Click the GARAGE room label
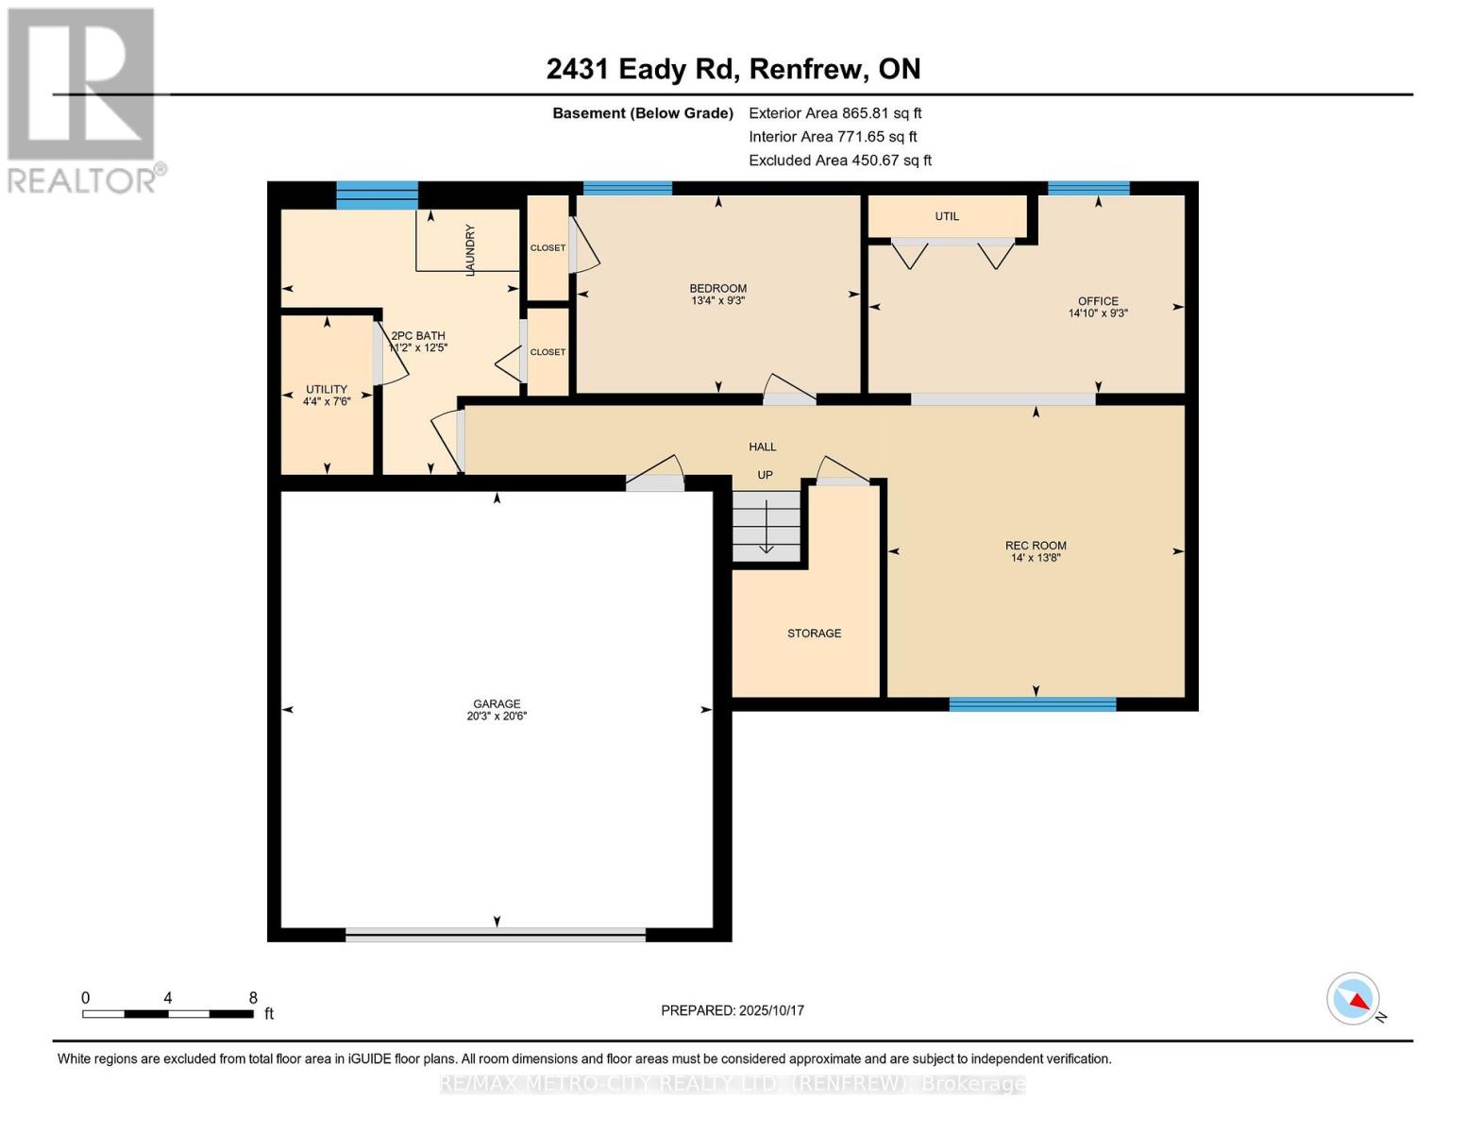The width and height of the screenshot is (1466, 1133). point(497,704)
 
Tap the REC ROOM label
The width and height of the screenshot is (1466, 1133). point(1036,546)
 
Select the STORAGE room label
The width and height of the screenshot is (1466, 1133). point(814,634)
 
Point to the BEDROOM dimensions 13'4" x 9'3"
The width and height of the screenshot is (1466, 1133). point(717,301)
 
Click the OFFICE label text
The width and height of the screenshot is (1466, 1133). point(1098,301)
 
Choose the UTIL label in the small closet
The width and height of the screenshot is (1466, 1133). point(947,216)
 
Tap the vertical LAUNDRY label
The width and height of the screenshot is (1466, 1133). point(470,250)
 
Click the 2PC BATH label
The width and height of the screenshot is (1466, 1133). point(418,336)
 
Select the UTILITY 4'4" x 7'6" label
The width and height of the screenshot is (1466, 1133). point(327,395)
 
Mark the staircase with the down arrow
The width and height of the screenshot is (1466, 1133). point(767,529)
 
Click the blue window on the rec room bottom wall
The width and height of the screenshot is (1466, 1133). point(1032,704)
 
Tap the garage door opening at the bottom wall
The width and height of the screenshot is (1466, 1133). point(496,935)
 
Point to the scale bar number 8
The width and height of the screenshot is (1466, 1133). point(252,998)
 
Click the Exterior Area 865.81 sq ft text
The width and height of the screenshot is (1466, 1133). point(834,113)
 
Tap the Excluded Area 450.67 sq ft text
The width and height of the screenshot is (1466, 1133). point(839,161)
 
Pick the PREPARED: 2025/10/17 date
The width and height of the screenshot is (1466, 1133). point(733,1010)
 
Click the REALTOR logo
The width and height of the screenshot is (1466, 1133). point(82,99)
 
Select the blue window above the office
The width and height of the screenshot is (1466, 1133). point(1088,188)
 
